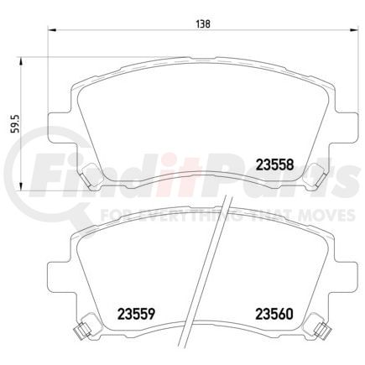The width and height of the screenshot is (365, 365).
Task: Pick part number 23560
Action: pyautogui.click(x=269, y=317)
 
